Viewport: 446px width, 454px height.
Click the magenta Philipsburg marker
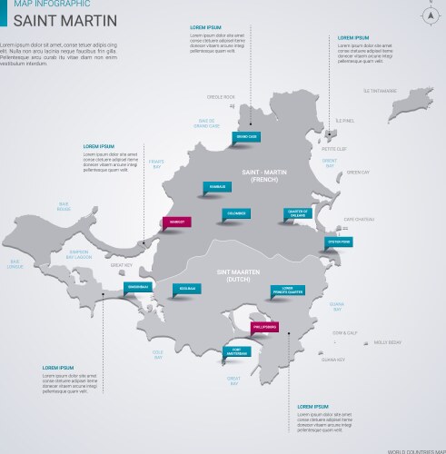(x=265, y=326)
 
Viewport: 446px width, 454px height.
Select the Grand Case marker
(x=246, y=136)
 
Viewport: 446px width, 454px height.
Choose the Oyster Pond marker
(x=338, y=242)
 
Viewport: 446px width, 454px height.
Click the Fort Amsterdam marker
(x=236, y=350)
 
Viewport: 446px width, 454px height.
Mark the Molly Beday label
(x=387, y=342)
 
